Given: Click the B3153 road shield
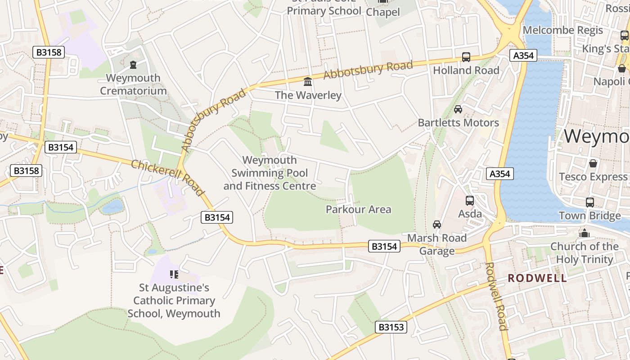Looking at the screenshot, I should click(391, 327).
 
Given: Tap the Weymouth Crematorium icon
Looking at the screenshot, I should click(133, 65).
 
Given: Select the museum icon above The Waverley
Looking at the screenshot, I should click(308, 82).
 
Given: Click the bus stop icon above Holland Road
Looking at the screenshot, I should click(466, 57).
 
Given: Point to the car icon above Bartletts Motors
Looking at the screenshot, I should click(458, 109).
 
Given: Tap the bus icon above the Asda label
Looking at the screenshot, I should click(470, 201).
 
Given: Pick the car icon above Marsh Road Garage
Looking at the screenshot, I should click(436, 225).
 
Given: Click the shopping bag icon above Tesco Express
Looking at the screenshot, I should click(593, 163).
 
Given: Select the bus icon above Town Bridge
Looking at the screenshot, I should click(589, 202).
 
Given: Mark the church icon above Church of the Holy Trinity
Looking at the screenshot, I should click(585, 233).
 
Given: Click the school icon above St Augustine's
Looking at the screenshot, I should click(174, 274).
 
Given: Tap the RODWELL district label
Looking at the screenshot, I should click(537, 278).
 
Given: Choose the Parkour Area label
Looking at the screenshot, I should click(358, 209).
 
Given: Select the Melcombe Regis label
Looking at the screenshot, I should click(562, 31).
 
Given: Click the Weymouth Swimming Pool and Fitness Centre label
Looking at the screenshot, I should click(270, 173).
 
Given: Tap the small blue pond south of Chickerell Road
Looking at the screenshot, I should click(112, 207).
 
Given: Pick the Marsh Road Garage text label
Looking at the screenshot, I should click(436, 244).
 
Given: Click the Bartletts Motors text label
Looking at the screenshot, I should click(458, 122).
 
